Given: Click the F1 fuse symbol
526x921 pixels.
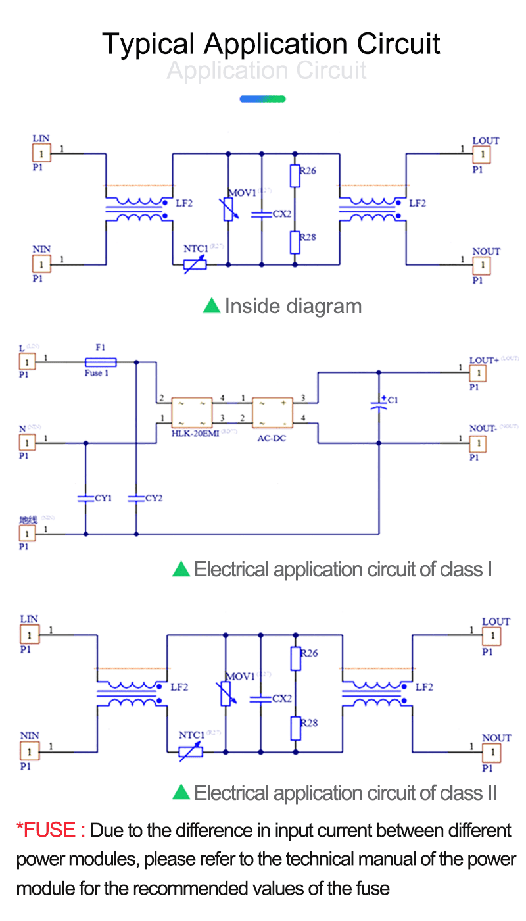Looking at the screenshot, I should pyautogui.click(x=101, y=362).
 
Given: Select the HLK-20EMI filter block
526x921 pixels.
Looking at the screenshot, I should pyautogui.click(x=192, y=412).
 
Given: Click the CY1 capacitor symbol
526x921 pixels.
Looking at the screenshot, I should pyautogui.click(x=85, y=498).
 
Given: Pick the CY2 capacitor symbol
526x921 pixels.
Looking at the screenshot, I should pyautogui.click(x=136, y=498).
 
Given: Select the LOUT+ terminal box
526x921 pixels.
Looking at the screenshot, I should pyautogui.click(x=478, y=373).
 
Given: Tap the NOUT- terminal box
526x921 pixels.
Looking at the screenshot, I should pyautogui.click(x=478, y=444).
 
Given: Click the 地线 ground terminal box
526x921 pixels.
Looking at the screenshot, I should pyautogui.click(x=27, y=533).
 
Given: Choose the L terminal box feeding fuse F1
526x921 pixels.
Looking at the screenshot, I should pyautogui.click(x=27, y=362).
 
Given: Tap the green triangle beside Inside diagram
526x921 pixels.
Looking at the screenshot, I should pyautogui.click(x=211, y=305).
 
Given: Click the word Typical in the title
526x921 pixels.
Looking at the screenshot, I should pyautogui.click(x=149, y=44).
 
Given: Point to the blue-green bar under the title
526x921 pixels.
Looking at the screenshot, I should pyautogui.click(x=262, y=99).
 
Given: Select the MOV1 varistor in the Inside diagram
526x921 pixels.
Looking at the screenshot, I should pyautogui.click(x=228, y=211).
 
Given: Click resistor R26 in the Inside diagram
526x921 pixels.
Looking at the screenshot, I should pyautogui.click(x=295, y=176).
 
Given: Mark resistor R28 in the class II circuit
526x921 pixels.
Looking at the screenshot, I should pyautogui.click(x=295, y=728).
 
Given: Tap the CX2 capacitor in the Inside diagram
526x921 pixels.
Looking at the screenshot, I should pyautogui.click(x=262, y=214).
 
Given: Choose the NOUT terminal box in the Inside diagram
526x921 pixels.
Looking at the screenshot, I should pyautogui.click(x=482, y=264).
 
